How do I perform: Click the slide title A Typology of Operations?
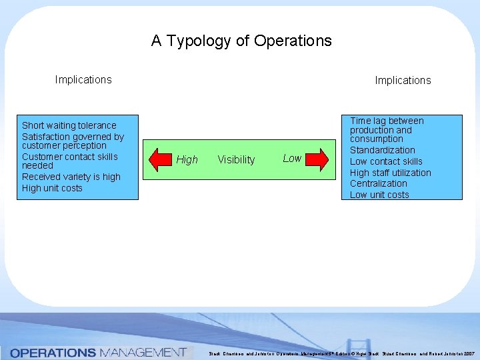coord(241,41)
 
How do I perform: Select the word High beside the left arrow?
coord(187,160)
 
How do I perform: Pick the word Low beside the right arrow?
coord(292,158)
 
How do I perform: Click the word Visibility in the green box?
coord(236,160)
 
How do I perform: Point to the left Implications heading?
coord(83,80)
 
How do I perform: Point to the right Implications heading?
coord(403,81)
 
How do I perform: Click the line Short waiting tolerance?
coord(69,125)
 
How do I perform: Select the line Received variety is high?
coord(71,177)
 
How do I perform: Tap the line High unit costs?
coord(52,188)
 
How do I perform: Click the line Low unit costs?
coord(379,195)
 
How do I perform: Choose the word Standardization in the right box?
coord(383,150)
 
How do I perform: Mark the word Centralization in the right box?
coord(379,183)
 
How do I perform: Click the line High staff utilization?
coord(391,173)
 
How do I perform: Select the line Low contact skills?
coord(386,161)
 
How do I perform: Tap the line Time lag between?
coord(387,121)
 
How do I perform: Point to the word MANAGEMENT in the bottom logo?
coord(142,352)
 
